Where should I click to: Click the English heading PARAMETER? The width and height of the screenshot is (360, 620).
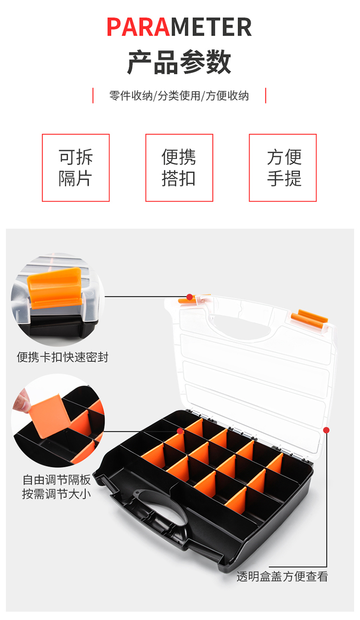[x=180, y=27]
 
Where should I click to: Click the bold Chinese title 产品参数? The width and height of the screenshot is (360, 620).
[x=179, y=62]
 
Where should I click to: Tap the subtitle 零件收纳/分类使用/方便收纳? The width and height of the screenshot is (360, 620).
[x=179, y=96]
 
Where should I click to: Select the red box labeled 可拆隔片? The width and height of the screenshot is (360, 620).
[x=75, y=168]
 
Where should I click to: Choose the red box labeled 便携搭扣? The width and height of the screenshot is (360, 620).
[x=179, y=168]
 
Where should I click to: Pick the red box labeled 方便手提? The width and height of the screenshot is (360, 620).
[x=283, y=168]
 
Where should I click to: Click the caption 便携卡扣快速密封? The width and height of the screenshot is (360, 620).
[x=62, y=357]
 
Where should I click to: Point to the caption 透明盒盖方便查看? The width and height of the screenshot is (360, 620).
[x=282, y=577]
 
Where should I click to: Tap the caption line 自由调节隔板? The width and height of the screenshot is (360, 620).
[x=57, y=480]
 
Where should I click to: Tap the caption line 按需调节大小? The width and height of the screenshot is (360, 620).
[x=57, y=494]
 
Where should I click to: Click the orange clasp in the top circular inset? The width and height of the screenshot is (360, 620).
[x=55, y=288]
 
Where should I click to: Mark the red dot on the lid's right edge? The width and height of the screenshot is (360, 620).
[x=326, y=430]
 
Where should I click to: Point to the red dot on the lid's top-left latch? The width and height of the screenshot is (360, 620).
[x=190, y=297]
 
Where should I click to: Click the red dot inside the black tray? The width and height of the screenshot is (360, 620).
[x=180, y=431]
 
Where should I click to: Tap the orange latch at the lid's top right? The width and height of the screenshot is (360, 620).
[x=310, y=318]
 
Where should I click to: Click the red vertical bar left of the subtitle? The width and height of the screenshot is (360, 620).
[x=93, y=96]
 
